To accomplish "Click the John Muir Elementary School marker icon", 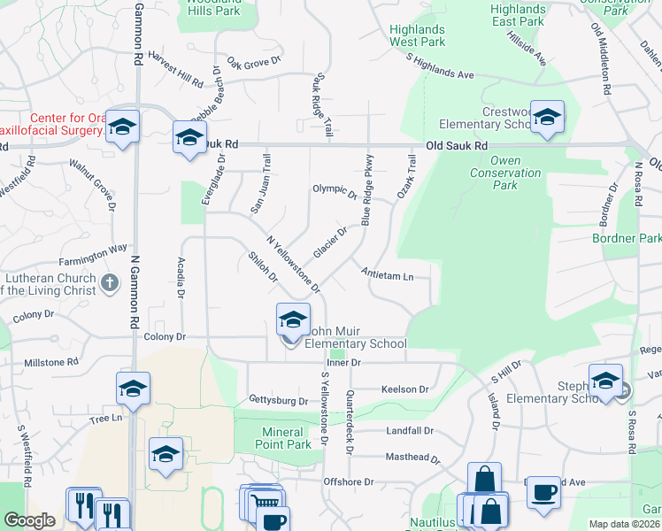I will [293, 319].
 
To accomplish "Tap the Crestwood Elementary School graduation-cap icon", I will [547, 119].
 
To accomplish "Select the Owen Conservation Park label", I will [504, 173].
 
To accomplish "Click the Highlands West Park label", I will [417, 35].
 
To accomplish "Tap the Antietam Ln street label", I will [388, 276].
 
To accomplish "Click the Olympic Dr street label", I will [334, 189].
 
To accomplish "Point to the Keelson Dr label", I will [404, 389].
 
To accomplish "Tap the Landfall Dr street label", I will [410, 431].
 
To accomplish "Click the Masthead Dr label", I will [412, 458].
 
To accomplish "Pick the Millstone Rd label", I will [51, 363].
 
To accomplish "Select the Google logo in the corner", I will [29, 520].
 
